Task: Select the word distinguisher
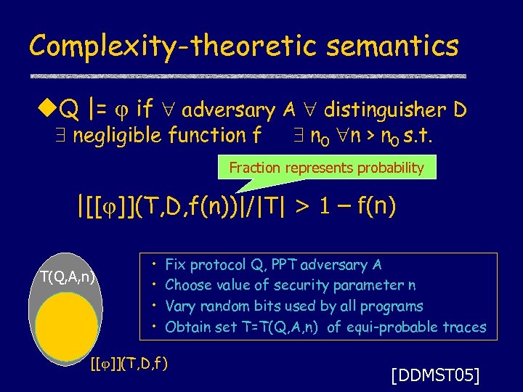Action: click(x=384, y=110)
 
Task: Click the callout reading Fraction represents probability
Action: click(x=326, y=168)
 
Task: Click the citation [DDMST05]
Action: click(x=434, y=375)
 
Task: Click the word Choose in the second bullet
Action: click(x=188, y=285)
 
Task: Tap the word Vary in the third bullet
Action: click(x=180, y=306)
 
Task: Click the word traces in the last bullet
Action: click(x=464, y=327)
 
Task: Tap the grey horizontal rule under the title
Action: click(x=247, y=76)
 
